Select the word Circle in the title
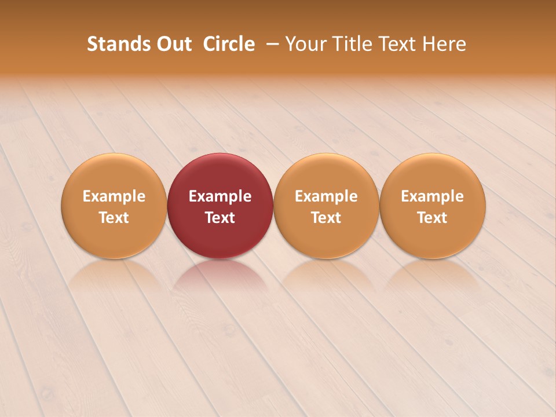229,44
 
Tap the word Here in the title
445,44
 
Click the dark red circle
220,174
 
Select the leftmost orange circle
114,174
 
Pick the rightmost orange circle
433,174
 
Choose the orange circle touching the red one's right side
326,174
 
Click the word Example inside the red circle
220,196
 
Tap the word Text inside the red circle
220,218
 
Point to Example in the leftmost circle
114,196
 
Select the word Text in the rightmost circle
433,218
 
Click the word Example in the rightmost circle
433,196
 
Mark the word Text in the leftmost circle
114,218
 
